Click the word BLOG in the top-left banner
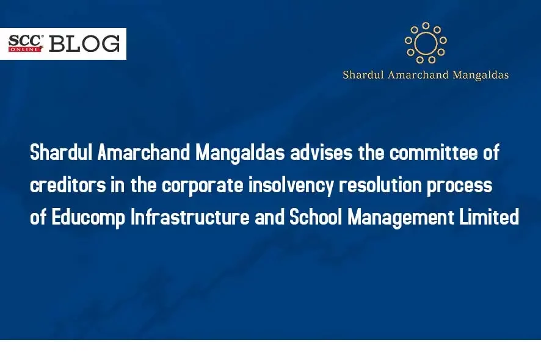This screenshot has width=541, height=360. tap(84, 44)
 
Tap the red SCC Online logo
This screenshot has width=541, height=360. tap(26, 43)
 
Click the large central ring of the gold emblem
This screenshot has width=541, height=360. tap(426, 43)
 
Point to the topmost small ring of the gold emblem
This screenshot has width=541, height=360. tap(426, 26)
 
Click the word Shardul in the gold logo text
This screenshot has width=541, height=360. tap(363, 75)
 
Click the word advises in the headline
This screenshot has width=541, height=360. tap(321, 153)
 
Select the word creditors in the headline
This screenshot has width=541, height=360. tap(68, 185)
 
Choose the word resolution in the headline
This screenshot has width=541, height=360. tap(380, 185)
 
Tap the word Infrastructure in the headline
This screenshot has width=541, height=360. tap(190, 217)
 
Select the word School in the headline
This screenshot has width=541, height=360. tap(316, 217)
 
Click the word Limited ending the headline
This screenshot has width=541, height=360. tap(489, 217)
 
